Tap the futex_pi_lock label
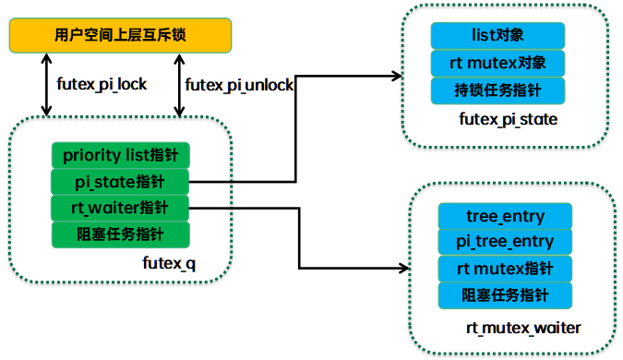point(102,85)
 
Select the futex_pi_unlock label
point(239,85)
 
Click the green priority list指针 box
point(120,155)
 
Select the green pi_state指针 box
point(120,181)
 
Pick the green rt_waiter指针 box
point(120,207)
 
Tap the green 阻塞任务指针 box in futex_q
point(120,233)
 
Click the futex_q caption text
point(169,263)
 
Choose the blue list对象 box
point(499,36)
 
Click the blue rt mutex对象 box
point(499,63)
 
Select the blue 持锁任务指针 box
point(499,90)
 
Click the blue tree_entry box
point(505,216)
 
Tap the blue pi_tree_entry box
point(505,242)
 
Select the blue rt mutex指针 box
point(505,269)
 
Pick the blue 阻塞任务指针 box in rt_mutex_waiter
point(505,295)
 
